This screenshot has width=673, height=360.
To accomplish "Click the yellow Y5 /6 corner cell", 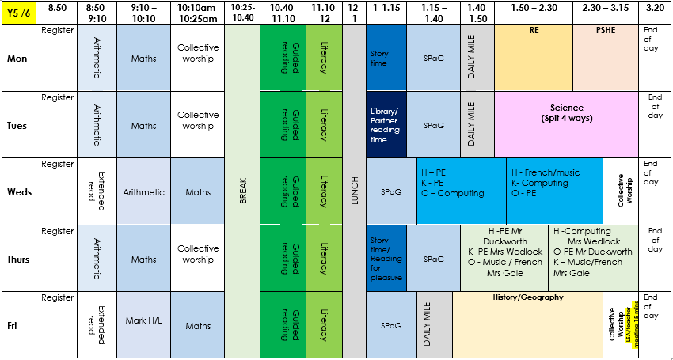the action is (17, 12).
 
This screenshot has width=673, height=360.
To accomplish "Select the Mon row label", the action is (17, 59).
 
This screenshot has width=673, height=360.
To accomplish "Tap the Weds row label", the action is (20, 191).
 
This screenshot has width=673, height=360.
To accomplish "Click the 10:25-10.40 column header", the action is (242, 12).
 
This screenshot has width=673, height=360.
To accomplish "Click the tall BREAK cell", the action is (242, 191).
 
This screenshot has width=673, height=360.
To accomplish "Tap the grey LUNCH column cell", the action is (354, 191).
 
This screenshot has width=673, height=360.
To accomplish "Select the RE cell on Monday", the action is (534, 58).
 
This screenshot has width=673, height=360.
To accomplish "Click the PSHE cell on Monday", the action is (605, 58).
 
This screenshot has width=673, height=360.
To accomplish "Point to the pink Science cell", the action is (567, 124).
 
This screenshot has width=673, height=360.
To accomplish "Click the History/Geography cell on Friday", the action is (527, 325).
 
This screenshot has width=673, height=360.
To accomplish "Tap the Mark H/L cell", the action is (143, 325).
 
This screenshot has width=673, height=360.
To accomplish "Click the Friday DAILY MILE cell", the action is (435, 325).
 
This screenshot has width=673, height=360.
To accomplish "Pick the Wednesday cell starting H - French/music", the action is (554, 191).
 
